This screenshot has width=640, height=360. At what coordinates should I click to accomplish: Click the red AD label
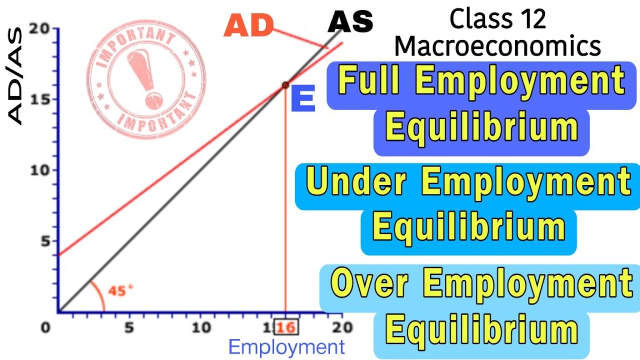248,25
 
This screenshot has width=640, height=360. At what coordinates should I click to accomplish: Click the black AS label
351,22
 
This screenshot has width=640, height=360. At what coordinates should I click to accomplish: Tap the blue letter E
303,99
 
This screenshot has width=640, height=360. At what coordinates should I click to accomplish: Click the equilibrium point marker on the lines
285,85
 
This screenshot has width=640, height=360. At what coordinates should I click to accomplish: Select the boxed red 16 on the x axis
285,328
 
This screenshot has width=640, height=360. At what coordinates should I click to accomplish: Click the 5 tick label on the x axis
129,328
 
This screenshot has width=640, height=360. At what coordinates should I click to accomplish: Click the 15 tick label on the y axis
41,99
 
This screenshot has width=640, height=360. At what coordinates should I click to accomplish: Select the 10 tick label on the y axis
41,170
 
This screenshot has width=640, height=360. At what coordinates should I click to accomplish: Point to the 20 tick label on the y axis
41,29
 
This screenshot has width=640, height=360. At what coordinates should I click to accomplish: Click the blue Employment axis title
286,347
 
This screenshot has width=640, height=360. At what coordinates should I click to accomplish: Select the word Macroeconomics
497,46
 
